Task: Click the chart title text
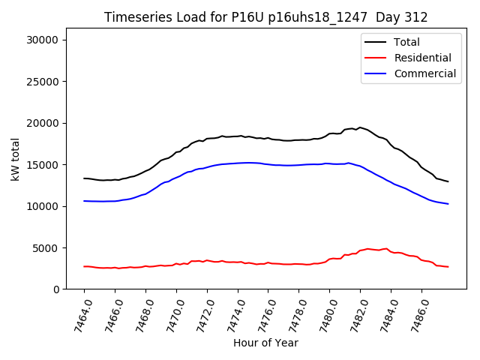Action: [x=265, y=17]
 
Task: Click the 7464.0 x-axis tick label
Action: [x=79, y=314]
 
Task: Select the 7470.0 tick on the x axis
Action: [x=171, y=314]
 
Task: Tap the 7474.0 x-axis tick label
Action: [x=232, y=314]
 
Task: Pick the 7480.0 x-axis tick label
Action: [x=324, y=314]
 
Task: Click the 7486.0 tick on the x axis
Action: [x=416, y=314]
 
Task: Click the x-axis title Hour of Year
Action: [x=265, y=343]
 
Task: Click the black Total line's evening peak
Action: [x=360, y=127]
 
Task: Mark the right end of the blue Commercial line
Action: [x=448, y=204]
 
